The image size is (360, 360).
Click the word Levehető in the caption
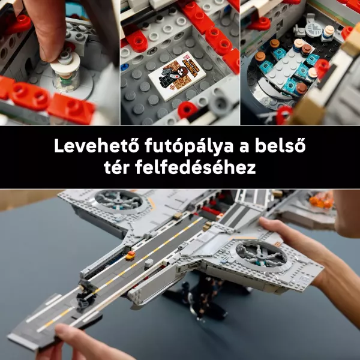point(97,146)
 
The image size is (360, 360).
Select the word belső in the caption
point(280,146)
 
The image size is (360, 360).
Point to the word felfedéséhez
point(196,167)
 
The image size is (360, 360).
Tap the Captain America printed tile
point(177,76)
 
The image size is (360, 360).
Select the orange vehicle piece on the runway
point(130,255)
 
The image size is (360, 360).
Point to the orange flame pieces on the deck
point(320,200)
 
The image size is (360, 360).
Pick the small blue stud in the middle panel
point(124,67)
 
